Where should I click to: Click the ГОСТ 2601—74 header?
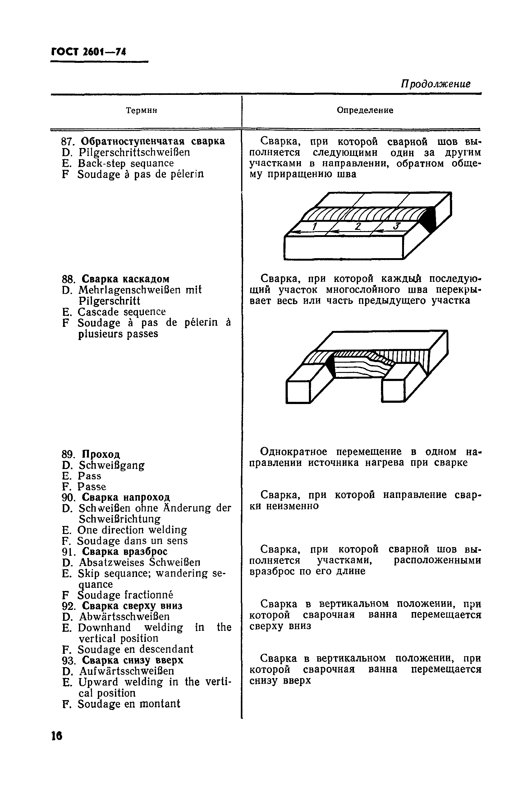89,52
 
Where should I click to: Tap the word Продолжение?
436,84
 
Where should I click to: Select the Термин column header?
141,110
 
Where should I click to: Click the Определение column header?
365,110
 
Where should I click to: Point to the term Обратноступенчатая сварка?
153,141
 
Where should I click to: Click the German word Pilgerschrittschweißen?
134,152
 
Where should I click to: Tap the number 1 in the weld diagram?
314,226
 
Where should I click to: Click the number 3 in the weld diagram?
397,226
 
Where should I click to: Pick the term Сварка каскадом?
126,279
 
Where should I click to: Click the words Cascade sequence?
122,312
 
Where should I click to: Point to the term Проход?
101,454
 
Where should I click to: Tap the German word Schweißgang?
112,465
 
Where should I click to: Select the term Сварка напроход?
126,497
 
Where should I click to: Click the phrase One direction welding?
132,530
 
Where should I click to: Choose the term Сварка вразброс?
125,551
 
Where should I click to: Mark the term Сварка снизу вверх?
133,660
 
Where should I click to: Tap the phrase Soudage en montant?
129,704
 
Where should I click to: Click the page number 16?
57,736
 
